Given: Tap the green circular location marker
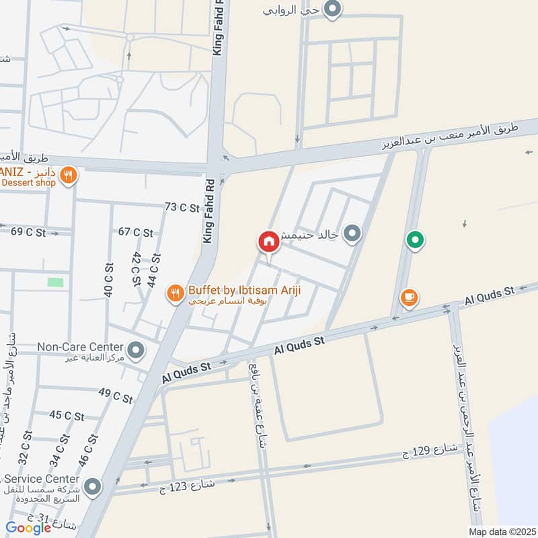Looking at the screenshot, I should [x=416, y=239].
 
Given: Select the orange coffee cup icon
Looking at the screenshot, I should [x=408, y=296].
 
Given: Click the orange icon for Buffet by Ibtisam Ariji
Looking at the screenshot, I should [x=176, y=292].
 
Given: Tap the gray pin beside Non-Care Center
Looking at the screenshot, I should [x=136, y=350].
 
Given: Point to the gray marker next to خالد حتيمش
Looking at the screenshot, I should [x=352, y=234].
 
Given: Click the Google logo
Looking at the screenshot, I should [x=28, y=528].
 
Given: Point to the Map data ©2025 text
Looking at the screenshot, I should [x=500, y=531].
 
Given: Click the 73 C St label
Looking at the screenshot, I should [x=182, y=208].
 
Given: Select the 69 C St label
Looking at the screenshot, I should [x=28, y=232].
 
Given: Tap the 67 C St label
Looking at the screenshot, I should [x=135, y=233].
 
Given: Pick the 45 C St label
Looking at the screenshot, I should [x=67, y=416].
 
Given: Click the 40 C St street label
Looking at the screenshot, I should [x=108, y=280].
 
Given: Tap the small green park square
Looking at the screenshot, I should [x=56, y=282].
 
